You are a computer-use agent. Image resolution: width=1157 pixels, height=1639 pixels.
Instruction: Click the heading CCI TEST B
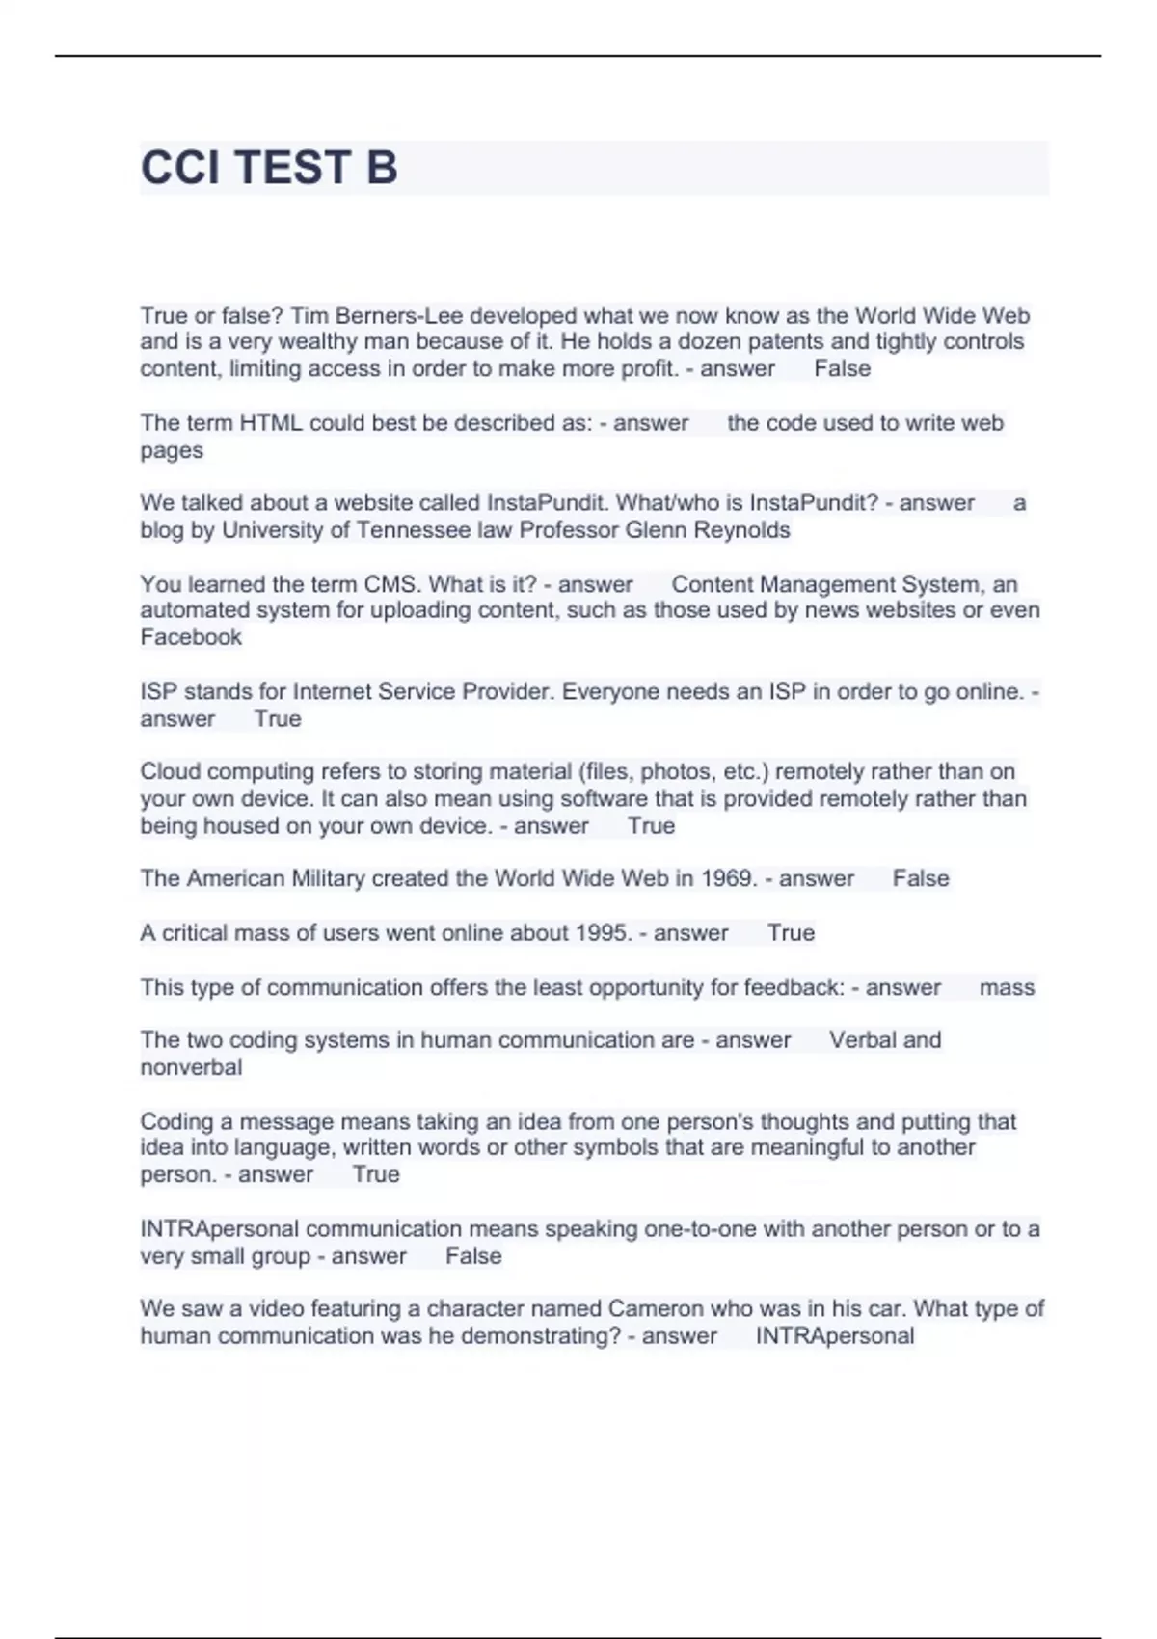269,168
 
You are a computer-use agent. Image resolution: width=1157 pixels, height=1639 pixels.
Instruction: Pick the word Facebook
191,636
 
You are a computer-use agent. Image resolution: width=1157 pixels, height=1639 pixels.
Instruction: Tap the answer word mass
1007,987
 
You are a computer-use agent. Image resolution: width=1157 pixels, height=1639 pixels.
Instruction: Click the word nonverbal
191,1067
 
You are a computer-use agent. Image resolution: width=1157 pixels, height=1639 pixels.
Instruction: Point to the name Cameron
656,1308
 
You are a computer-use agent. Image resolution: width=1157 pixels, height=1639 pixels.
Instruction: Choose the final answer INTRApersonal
834,1335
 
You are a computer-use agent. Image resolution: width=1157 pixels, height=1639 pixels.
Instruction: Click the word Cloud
171,771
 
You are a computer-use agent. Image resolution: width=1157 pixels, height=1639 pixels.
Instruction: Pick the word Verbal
862,1039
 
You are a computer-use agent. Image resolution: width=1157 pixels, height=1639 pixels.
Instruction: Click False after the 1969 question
921,878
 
